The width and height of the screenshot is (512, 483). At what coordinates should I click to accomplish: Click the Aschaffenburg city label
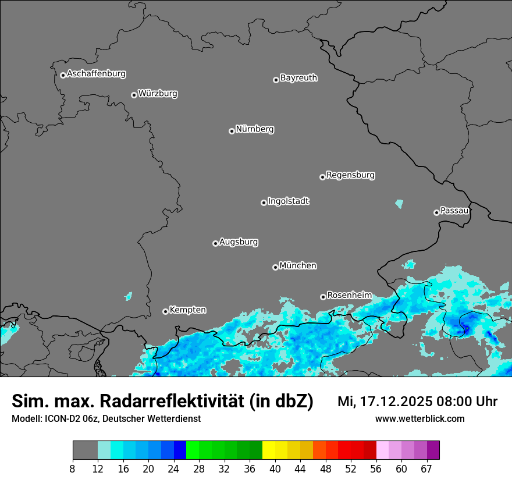click(96, 74)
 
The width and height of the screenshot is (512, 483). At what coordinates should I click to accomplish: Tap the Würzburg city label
click(158, 94)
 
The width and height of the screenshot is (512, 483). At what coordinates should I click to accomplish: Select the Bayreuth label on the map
click(298, 78)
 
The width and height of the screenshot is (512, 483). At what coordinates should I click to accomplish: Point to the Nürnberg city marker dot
click(232, 131)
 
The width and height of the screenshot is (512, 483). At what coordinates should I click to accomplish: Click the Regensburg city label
click(350, 175)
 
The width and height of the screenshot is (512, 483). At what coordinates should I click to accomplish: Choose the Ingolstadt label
click(288, 201)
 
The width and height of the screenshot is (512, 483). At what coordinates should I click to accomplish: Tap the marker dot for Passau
click(436, 212)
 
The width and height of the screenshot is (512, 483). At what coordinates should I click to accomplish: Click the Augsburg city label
click(239, 242)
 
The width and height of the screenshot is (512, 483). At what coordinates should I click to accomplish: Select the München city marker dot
click(275, 267)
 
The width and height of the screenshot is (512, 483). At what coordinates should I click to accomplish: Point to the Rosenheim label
click(349, 296)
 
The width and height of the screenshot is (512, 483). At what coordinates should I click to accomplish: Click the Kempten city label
click(187, 310)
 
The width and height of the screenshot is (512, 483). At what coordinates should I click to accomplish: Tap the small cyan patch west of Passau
click(399, 204)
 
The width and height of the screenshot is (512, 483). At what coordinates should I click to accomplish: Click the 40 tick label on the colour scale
click(275, 468)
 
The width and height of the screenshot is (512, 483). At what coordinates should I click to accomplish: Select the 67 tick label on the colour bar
click(426, 468)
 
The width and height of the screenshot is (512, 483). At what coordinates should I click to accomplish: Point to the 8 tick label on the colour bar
click(73, 468)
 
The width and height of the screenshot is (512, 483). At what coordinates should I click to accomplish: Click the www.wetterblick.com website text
click(420, 418)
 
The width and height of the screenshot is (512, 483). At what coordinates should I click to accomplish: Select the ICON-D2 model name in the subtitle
click(59, 418)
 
